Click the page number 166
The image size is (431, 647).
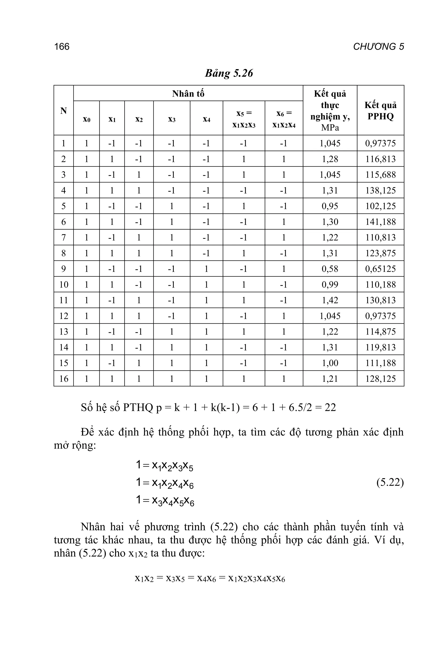pyautogui.click(x=62, y=47)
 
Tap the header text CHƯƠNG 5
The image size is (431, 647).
pyautogui.click(x=378, y=47)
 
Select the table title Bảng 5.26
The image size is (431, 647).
pyautogui.click(x=229, y=73)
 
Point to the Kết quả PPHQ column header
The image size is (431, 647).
pyautogui.click(x=380, y=111)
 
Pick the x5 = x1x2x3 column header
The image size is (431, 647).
pyautogui.click(x=244, y=119)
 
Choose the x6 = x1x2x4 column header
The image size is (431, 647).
pyautogui.click(x=284, y=119)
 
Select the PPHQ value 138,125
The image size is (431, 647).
pyautogui.click(x=380, y=190)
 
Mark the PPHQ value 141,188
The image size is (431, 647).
pyautogui.click(x=380, y=222)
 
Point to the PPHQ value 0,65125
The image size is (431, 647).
pyautogui.click(x=380, y=269)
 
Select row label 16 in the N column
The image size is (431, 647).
pyautogui.click(x=64, y=379)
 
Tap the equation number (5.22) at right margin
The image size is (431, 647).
pyautogui.click(x=390, y=483)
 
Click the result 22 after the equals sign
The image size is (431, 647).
pyautogui.click(x=330, y=407)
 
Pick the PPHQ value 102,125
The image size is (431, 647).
pyautogui.click(x=380, y=206)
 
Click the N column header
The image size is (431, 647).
pyautogui.click(x=64, y=111)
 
